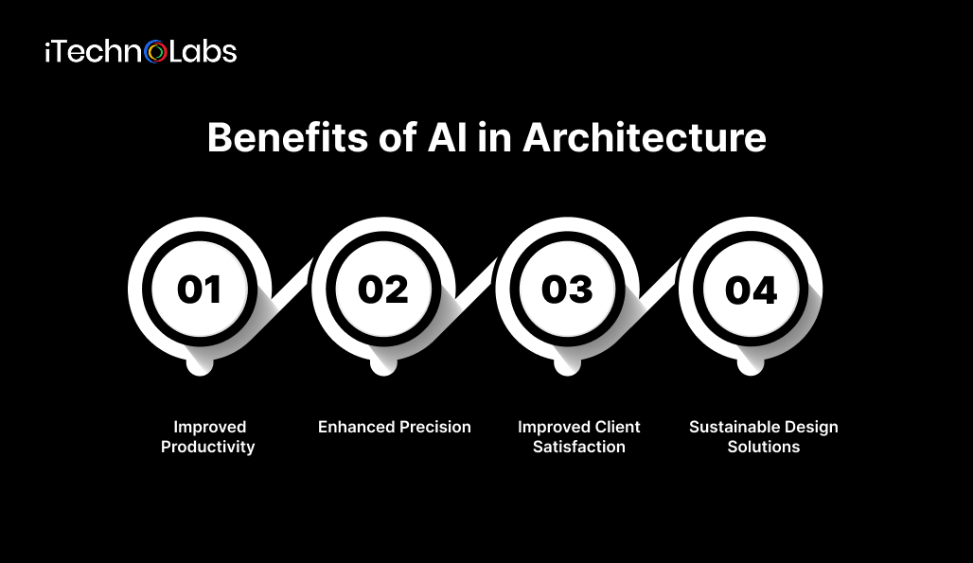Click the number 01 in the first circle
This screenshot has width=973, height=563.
point(199,289)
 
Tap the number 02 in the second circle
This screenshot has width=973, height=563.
point(382,289)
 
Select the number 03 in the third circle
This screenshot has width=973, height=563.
point(567,289)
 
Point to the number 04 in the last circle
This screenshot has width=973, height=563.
point(751,289)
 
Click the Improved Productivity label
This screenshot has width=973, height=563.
point(208,437)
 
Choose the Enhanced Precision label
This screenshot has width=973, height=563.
point(394,427)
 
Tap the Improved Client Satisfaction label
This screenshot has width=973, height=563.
point(579,437)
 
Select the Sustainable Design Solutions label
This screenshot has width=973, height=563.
point(764,437)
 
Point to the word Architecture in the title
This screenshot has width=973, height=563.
point(644,138)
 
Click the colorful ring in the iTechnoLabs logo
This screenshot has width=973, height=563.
point(155,52)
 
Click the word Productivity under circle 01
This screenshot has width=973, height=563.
point(208,447)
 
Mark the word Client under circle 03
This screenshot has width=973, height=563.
point(617,427)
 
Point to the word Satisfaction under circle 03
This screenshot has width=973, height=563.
point(579,447)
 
